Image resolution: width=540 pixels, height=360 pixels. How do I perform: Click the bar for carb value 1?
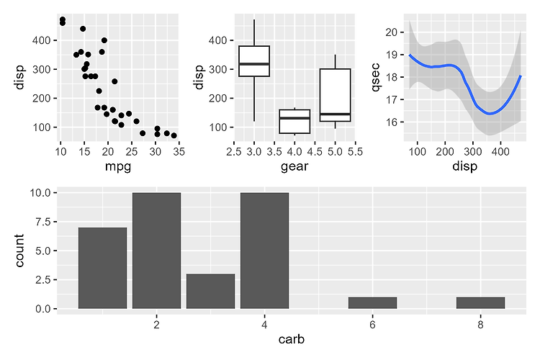click(102, 268)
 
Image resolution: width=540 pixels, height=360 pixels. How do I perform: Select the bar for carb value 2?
click(156, 251)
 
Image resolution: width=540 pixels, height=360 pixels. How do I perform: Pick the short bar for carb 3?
click(210, 291)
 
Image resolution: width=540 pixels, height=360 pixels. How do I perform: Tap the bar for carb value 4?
click(264, 251)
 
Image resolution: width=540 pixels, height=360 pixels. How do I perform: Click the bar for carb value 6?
click(372, 302)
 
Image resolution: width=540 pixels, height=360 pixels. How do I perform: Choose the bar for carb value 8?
click(480, 302)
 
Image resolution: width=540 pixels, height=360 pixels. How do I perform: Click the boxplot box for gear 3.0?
click(253, 61)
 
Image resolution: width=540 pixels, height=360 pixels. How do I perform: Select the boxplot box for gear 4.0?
click(294, 121)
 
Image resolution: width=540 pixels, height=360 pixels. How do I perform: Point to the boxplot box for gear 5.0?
click(335, 95)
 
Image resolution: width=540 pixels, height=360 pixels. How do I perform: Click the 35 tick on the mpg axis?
click(178, 151)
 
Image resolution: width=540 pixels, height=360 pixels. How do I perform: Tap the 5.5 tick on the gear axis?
click(355, 151)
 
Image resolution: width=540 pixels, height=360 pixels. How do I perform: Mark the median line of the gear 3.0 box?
click(253, 64)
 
